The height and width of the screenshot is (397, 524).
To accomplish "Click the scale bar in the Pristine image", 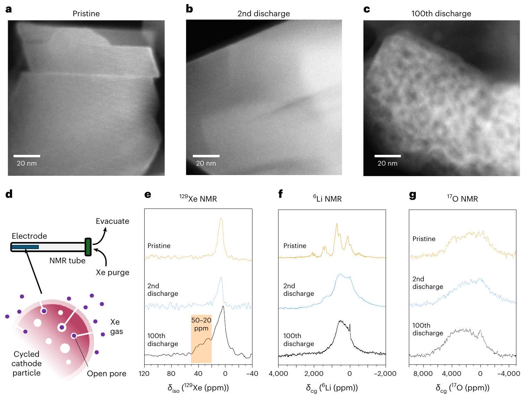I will pos(27,156).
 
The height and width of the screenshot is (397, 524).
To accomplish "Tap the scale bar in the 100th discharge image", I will pos(387,156).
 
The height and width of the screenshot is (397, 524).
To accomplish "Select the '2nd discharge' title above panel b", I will pos(264,14).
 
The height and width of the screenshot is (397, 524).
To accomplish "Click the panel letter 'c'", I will pos(367,9).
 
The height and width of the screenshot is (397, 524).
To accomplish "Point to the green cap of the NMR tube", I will pos(88,247).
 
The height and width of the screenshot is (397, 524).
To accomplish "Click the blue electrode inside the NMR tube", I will pos(25,247).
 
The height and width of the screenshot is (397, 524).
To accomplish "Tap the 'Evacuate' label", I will pos(112,221).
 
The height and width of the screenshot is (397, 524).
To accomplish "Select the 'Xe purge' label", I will pos(112,273).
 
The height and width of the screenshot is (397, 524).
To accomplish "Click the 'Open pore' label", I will pos(106,374).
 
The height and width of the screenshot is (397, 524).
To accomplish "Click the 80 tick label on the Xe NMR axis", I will pos(171,374).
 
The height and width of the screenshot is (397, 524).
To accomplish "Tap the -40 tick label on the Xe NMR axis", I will pos(252,374).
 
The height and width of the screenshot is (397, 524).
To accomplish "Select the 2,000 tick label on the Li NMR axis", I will pos(314,374).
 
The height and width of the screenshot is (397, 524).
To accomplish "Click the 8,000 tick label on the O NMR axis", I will pos(423,374).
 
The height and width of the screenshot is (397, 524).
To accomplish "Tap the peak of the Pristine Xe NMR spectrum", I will pos(221,219).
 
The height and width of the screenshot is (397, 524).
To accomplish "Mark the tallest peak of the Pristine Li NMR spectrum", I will pos(336,224).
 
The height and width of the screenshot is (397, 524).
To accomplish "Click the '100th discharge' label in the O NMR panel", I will pos(428,329).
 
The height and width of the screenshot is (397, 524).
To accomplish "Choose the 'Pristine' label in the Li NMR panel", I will pos(295,246).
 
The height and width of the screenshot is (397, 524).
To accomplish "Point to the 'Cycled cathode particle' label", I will pos(26,363).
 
